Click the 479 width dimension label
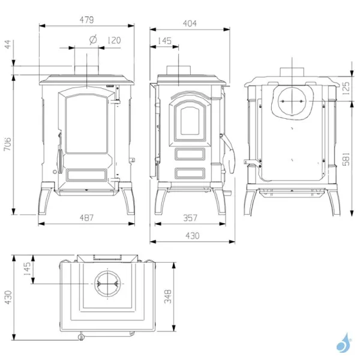[x=87, y=20]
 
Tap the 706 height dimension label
[x=8, y=144]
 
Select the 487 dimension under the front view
[x=86, y=217]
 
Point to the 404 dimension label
[x=190, y=23]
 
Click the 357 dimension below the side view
[x=190, y=218]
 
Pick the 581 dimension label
[x=346, y=158]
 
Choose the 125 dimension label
[x=346, y=88]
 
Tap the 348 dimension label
[x=168, y=296]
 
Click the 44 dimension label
[x=8, y=44]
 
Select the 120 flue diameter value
[x=114, y=40]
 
